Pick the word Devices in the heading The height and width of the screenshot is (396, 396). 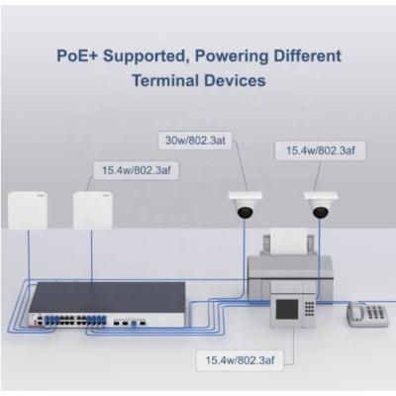(234, 81)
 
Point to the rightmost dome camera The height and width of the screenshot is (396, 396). (319, 205)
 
